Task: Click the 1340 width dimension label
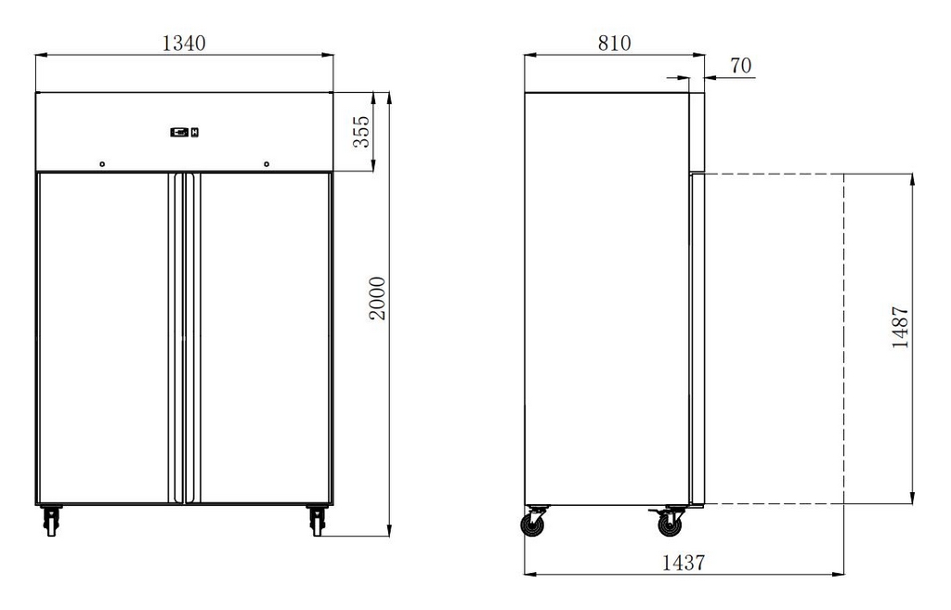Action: pos(185,43)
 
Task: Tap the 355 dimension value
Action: pos(361,132)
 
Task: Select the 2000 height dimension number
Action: pos(377,298)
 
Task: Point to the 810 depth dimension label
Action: pos(615,43)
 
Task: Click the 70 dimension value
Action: pos(740,66)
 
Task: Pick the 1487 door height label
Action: pos(901,327)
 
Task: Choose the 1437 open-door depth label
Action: pos(684,563)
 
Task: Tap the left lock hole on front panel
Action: pos(102,164)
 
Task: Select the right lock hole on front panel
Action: pos(267,164)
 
